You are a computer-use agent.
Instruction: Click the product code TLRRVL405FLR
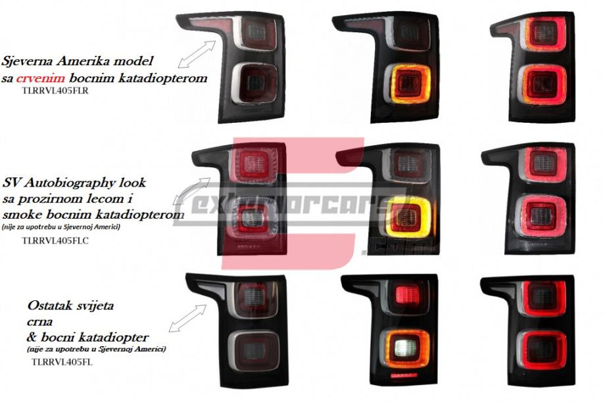tap(55, 91)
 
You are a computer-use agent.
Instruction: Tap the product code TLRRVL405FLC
tap(55, 240)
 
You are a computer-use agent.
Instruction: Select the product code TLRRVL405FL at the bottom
tap(53, 361)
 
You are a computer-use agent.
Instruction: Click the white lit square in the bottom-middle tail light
tap(405, 347)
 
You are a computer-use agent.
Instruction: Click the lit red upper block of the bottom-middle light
tap(407, 295)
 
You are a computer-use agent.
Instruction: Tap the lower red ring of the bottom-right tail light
tap(543, 350)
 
